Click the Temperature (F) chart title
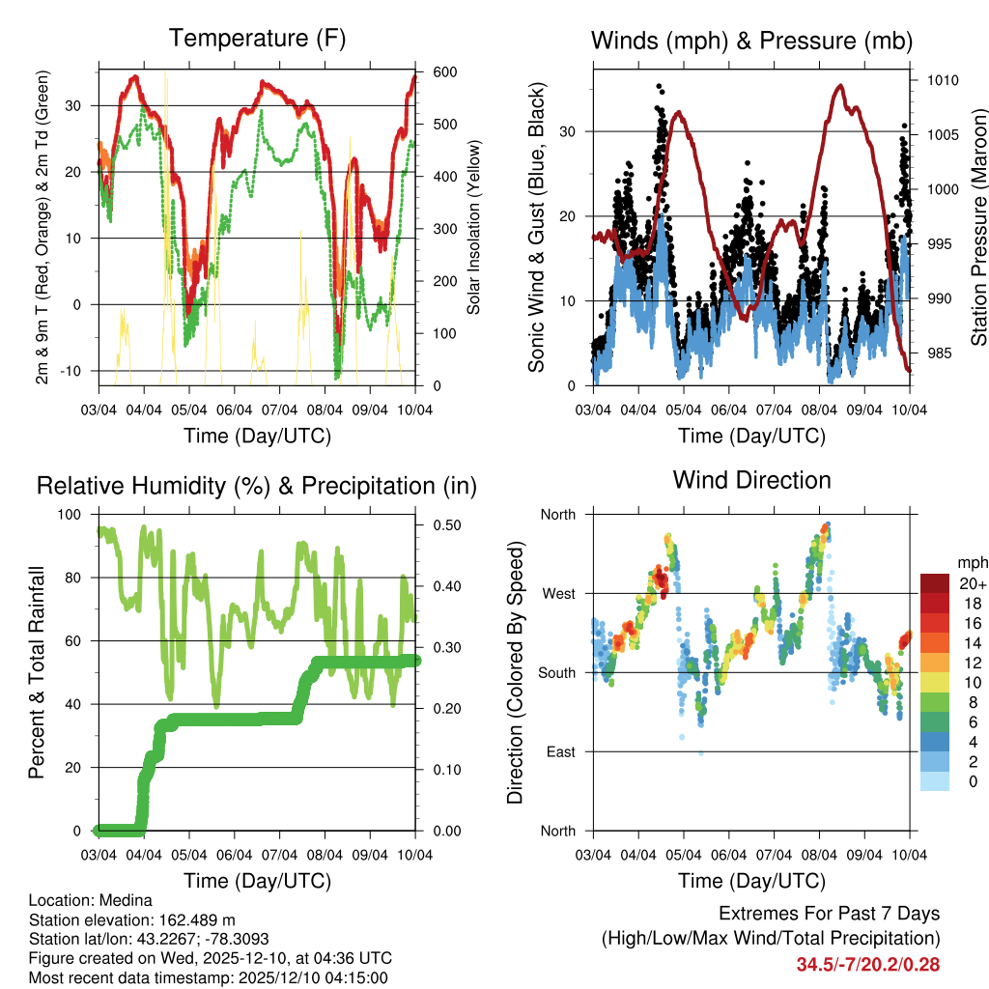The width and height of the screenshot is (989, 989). tap(257, 39)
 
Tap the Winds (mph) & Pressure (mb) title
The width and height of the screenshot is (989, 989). tap(752, 41)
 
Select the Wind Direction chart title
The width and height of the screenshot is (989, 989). tap(751, 480)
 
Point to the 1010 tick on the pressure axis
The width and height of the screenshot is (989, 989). tap(942, 80)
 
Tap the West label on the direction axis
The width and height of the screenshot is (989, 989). tap(557, 593)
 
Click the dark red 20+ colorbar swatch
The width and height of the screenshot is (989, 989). tap(935, 583)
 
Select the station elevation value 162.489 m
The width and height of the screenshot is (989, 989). tap(192, 919)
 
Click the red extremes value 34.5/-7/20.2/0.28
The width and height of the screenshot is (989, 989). tap(867, 964)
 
